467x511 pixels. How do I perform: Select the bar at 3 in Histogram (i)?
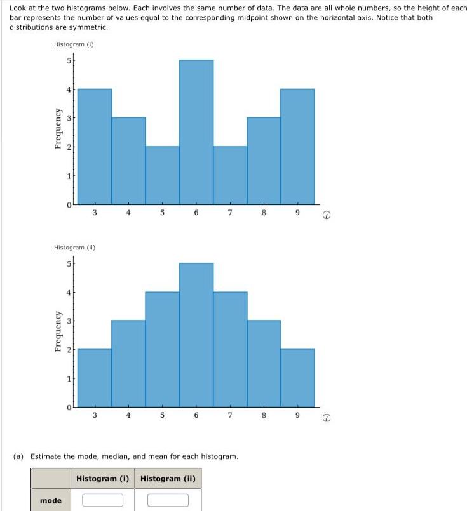[95, 146]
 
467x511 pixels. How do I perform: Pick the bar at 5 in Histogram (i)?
[162, 175]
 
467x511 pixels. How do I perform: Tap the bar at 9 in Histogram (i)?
[297, 146]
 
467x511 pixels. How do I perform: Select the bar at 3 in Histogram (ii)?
[95, 378]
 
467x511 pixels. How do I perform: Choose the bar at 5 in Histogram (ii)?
[162, 349]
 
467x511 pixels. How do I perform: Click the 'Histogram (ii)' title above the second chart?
[75, 247]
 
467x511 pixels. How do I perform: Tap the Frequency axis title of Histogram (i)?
[58, 131]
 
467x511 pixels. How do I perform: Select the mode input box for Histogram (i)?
[102, 500]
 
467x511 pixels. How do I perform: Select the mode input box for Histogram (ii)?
[168, 500]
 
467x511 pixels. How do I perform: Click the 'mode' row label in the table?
[51, 501]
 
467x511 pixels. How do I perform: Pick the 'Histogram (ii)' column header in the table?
[168, 478]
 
